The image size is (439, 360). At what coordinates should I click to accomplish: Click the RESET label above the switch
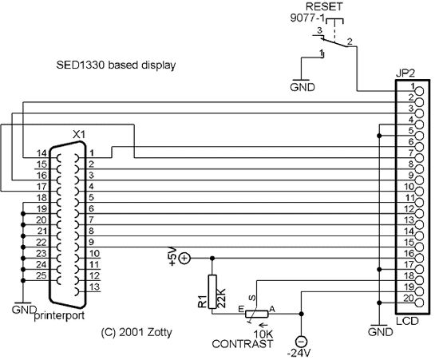[x=324, y=6]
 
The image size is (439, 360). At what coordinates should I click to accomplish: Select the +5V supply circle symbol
[x=184, y=258]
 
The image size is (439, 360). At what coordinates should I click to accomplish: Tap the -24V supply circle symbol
[x=301, y=342]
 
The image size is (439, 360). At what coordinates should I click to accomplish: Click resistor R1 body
[x=212, y=291]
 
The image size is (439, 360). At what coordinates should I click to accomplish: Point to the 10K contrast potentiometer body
[x=257, y=314]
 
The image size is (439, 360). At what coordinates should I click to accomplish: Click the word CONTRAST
[x=242, y=344]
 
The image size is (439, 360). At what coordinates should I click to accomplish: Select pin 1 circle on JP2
[x=419, y=91]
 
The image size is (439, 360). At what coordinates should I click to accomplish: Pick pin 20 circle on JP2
[x=419, y=303]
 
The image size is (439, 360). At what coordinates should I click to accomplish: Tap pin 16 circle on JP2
[x=419, y=258]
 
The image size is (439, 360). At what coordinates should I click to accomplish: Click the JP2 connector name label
[x=405, y=73]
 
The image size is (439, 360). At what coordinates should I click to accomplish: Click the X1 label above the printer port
[x=79, y=135]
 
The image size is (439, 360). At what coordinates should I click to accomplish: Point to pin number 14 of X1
[x=42, y=153]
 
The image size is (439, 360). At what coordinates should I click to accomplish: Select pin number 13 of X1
[x=95, y=287]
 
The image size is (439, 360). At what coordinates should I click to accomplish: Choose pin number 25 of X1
[x=42, y=275]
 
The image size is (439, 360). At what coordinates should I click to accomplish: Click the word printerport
[x=59, y=316]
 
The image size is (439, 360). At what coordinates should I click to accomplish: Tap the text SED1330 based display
[x=116, y=65]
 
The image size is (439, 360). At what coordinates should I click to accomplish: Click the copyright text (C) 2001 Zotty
[x=136, y=332]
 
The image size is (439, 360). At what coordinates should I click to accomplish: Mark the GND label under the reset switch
[x=303, y=87]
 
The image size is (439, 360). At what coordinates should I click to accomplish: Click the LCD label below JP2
[x=407, y=321]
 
